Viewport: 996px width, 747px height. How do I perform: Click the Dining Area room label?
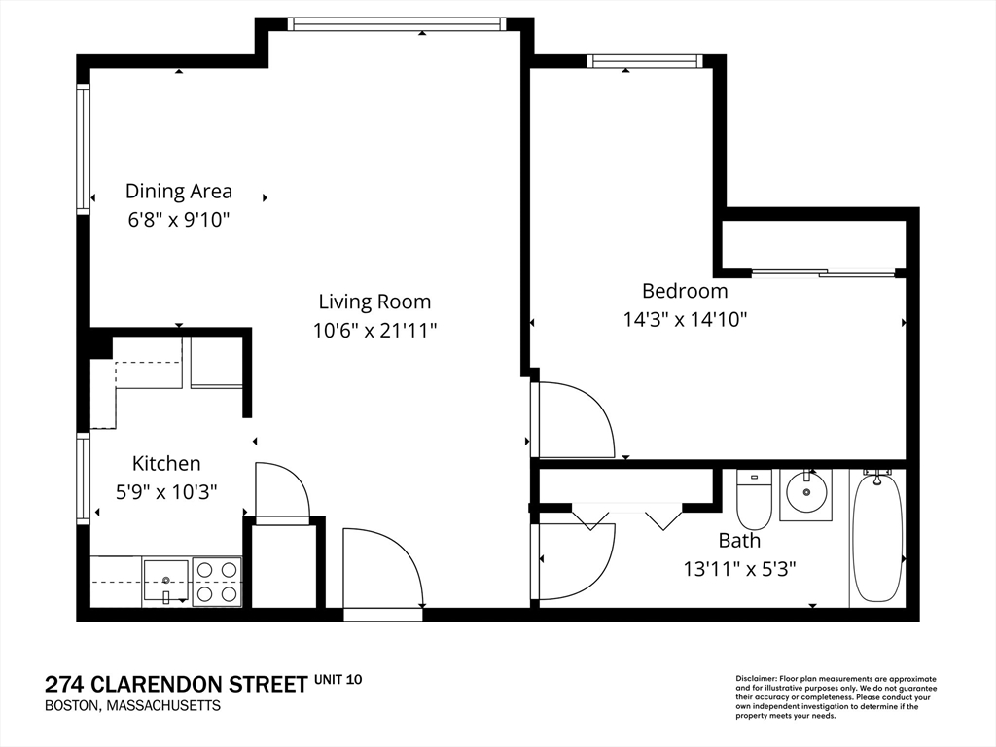tap(179, 191)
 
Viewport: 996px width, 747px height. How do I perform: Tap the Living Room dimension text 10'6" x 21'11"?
tap(374, 331)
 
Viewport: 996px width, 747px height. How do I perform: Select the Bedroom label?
tap(685, 290)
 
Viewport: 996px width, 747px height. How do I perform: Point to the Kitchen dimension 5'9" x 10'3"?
tap(166, 491)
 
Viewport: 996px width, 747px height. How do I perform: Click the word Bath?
tap(739, 541)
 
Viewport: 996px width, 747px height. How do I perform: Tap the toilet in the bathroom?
tap(754, 499)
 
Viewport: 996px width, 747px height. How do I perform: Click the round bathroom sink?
tap(806, 491)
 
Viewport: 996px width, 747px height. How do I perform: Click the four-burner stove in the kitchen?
tap(217, 582)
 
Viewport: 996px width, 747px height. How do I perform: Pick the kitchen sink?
tap(165, 580)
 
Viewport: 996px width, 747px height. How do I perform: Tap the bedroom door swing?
tap(575, 419)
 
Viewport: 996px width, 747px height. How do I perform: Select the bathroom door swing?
tap(575, 561)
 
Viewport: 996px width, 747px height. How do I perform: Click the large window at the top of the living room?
tap(397, 24)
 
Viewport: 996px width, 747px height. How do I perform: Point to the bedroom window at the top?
tap(646, 61)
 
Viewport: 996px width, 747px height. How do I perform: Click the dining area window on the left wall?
tap(84, 149)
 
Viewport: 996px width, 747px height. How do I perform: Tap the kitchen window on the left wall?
tap(84, 479)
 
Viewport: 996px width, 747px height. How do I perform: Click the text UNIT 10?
tap(338, 680)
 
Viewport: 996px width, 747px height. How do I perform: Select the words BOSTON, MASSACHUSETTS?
tap(132, 706)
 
